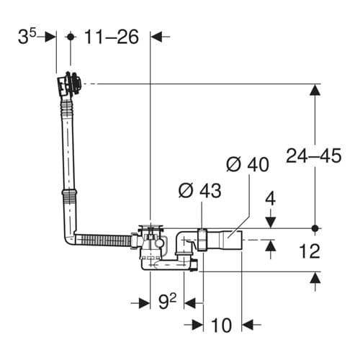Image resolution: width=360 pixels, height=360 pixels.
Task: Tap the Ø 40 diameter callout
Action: pyautogui.click(x=247, y=164)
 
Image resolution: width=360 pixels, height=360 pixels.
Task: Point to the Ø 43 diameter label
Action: pyautogui.click(x=199, y=191)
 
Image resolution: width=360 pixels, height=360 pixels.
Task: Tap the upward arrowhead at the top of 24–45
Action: pyautogui.click(x=315, y=90)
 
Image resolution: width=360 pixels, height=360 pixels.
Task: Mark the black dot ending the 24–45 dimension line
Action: pyautogui.click(x=315, y=228)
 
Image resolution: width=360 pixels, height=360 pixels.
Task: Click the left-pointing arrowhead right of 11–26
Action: pyautogui.click(x=158, y=37)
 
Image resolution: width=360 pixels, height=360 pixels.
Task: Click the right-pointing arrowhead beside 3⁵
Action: pyautogui.click(x=51, y=37)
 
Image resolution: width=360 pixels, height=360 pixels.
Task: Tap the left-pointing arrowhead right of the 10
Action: pyautogui.click(x=248, y=323)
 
